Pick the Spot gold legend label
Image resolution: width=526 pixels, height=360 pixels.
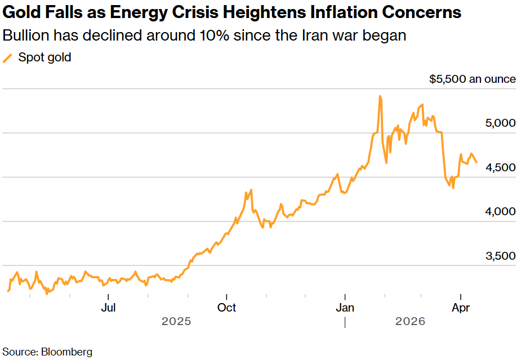pyautogui.click(x=44, y=57)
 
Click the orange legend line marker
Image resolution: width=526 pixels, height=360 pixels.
pyautogui.click(x=8, y=58)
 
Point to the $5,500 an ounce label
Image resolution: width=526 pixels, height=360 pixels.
pyautogui.click(x=472, y=79)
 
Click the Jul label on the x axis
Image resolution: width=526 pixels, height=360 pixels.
pyautogui.click(x=108, y=308)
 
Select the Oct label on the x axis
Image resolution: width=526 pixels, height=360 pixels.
pyautogui.click(x=226, y=308)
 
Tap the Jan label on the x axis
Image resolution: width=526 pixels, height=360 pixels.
pyautogui.click(x=344, y=308)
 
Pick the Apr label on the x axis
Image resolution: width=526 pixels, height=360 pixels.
pyautogui.click(x=461, y=308)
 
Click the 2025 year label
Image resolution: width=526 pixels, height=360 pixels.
pyautogui.click(x=176, y=322)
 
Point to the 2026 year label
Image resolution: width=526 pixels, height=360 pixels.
pyautogui.click(x=410, y=322)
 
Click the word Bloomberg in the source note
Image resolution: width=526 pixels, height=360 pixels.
pyautogui.click(x=66, y=352)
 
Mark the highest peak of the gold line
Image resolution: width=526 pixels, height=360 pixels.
pyautogui.click(x=380, y=96)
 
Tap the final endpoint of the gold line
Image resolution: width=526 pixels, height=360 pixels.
pyautogui.click(x=476, y=162)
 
